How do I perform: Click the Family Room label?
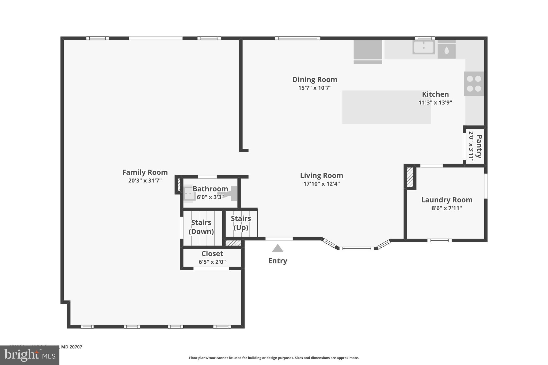click(x=145, y=172)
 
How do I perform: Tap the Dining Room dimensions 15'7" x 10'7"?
click(x=315, y=88)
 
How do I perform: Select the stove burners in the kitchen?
click(x=474, y=83)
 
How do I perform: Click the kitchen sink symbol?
click(x=423, y=47)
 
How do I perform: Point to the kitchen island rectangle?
click(x=386, y=107)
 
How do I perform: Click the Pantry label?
click(x=479, y=147)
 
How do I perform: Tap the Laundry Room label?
click(x=447, y=200)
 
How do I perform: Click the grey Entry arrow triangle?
click(x=277, y=248)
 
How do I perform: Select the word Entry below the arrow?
click(x=277, y=261)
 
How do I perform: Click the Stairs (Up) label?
click(x=241, y=223)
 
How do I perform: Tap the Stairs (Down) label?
click(x=201, y=227)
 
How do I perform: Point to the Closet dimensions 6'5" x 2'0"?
click(x=212, y=262)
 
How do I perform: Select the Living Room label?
click(x=321, y=175)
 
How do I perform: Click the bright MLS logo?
click(x=29, y=355)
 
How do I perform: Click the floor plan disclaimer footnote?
click(x=274, y=358)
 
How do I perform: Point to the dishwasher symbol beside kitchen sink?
click(x=446, y=50)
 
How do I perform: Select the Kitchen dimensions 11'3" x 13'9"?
click(x=435, y=102)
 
